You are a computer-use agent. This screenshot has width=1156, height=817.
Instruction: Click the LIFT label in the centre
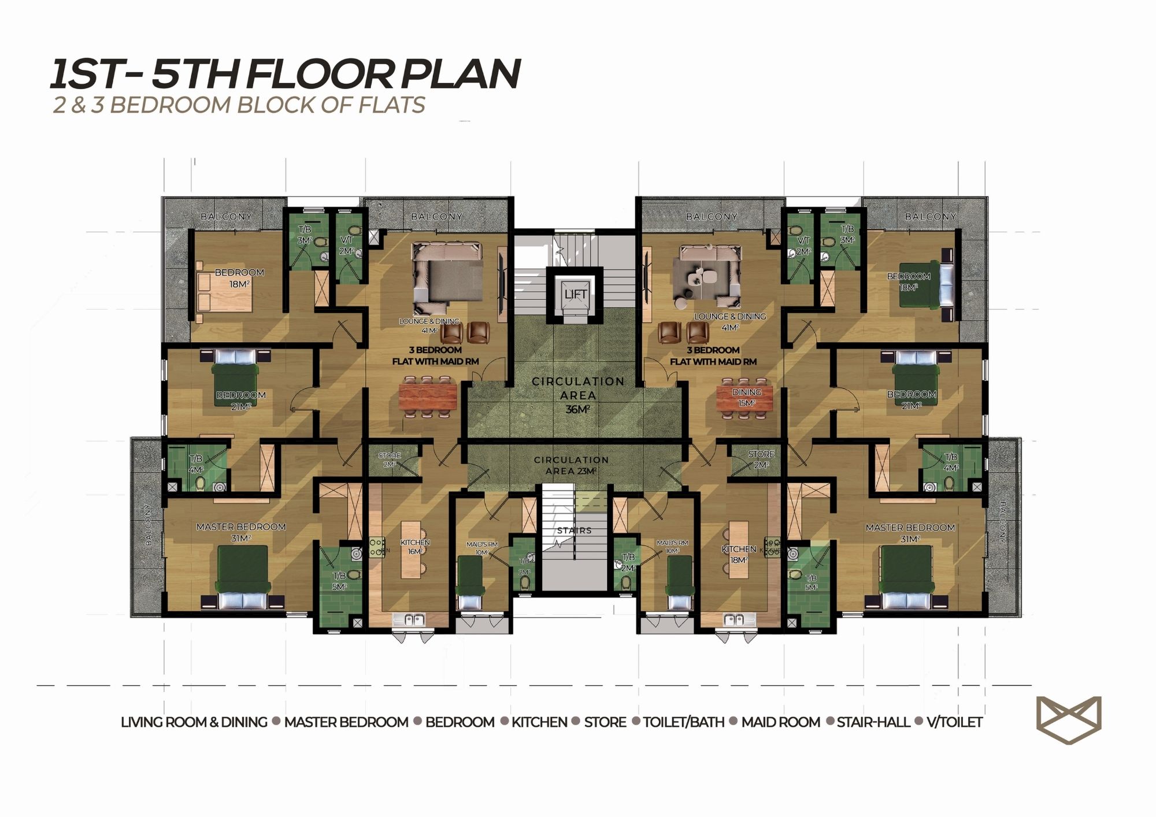point(575,294)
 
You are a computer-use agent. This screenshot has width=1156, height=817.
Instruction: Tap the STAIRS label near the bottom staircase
point(574,530)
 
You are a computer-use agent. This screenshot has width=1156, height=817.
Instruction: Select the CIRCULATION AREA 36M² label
point(578,395)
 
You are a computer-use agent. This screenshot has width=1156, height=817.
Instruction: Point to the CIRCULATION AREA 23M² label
point(571,465)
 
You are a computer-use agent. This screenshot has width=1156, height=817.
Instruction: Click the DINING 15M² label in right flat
point(746,398)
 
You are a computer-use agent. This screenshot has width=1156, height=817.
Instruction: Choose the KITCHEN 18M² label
point(739,554)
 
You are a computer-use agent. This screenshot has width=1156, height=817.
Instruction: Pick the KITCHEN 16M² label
point(415,547)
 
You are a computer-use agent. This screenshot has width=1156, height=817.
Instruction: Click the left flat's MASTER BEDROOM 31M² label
point(241,532)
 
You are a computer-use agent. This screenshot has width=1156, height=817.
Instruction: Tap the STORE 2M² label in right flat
point(761,459)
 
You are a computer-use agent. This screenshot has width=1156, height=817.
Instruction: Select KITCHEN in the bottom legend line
point(539,722)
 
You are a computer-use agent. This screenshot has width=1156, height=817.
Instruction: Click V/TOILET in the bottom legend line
point(955,722)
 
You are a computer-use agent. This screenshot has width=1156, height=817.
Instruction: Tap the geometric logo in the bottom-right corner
point(1068,720)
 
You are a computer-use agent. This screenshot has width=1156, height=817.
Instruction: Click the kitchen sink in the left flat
point(409,621)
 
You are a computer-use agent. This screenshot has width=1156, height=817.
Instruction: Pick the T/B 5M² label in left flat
point(339,581)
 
